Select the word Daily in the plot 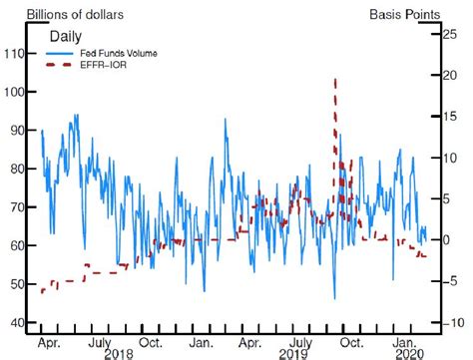67,37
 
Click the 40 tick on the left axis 18,322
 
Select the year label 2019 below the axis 292,355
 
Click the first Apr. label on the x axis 47,342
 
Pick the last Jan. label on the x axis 399,342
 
